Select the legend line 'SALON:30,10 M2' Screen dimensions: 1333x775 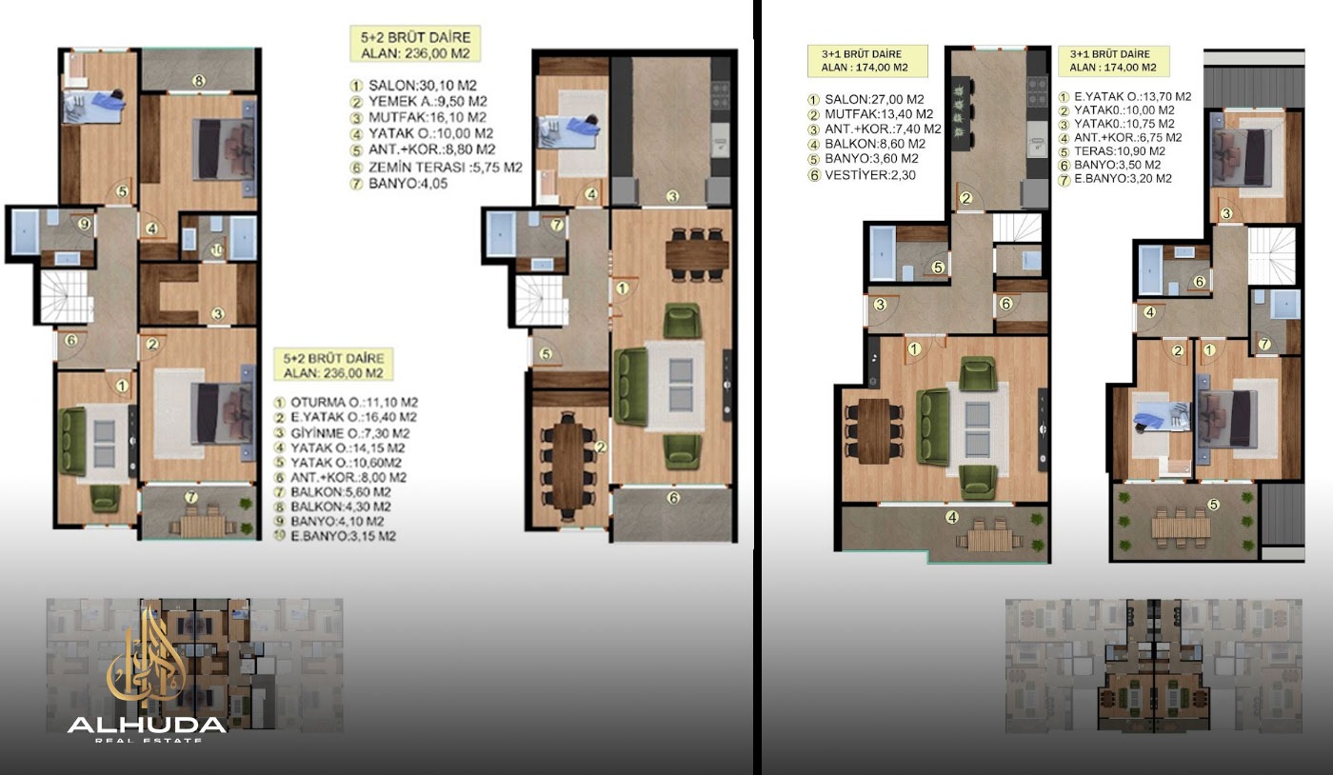(x=413, y=85)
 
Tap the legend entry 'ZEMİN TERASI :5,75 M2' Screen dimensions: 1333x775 (x=436, y=168)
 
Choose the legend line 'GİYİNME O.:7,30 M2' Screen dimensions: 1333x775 (x=342, y=433)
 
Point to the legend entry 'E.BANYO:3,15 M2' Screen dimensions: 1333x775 (x=334, y=536)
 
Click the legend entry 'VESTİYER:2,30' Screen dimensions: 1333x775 (x=862, y=175)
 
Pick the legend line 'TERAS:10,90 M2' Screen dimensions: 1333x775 (x=1112, y=151)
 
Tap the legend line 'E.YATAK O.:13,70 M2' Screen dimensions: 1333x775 (x=1124, y=96)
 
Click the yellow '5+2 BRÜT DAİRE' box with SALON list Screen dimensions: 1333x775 (x=415, y=44)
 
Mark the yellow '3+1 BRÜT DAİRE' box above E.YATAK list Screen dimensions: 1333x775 (x=1113, y=61)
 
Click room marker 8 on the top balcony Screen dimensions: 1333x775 (x=199, y=80)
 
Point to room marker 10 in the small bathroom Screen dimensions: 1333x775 (x=217, y=250)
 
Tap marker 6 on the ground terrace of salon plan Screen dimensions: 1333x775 (x=673, y=498)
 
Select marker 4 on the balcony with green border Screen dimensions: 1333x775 (x=952, y=517)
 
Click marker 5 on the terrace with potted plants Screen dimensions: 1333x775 (x=1213, y=505)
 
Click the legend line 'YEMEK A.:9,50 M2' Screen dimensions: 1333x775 (x=418, y=101)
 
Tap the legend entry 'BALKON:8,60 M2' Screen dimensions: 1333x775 (x=866, y=144)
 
